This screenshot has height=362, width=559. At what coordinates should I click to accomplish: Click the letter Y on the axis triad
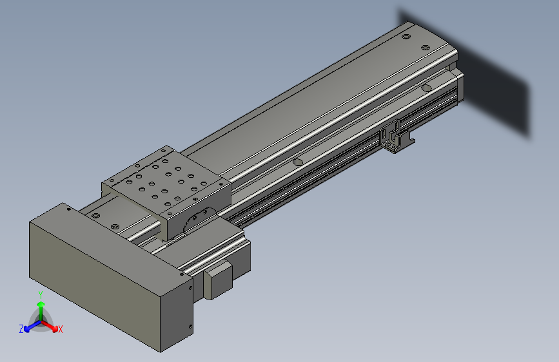pyautogui.click(x=41, y=294)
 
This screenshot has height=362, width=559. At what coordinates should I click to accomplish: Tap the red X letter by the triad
pyautogui.click(x=60, y=329)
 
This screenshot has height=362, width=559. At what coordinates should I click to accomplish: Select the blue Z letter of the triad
pyautogui.click(x=21, y=329)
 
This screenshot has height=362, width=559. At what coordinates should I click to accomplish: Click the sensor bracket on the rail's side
pyautogui.click(x=394, y=137)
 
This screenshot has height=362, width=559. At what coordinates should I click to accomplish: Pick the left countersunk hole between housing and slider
pyautogui.click(x=96, y=215)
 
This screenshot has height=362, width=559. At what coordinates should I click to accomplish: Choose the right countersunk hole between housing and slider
pyautogui.click(x=115, y=227)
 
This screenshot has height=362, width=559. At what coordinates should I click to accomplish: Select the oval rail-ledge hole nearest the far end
pyautogui.click(x=426, y=88)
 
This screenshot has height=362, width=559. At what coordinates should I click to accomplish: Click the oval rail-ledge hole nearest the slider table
pyautogui.click(x=297, y=162)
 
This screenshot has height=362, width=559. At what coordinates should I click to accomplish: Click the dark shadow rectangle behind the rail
pyautogui.click(x=496, y=90)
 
